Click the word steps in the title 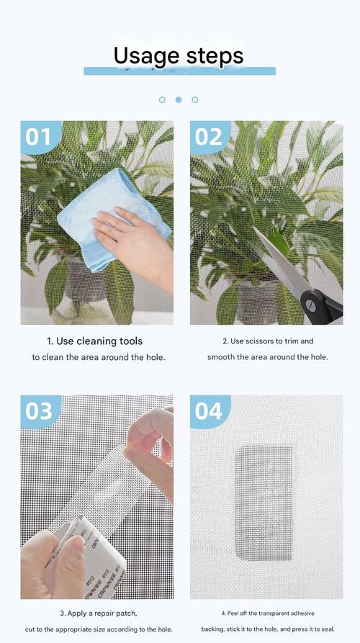tap(213, 56)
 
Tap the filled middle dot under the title tap(179, 99)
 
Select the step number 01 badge tap(40, 137)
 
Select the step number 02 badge tap(209, 137)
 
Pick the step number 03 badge tap(40, 410)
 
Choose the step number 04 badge tap(209, 410)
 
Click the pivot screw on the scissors tap(311, 305)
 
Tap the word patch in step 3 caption tap(124, 613)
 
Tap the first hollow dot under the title tap(162, 99)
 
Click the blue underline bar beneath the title tap(179, 71)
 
